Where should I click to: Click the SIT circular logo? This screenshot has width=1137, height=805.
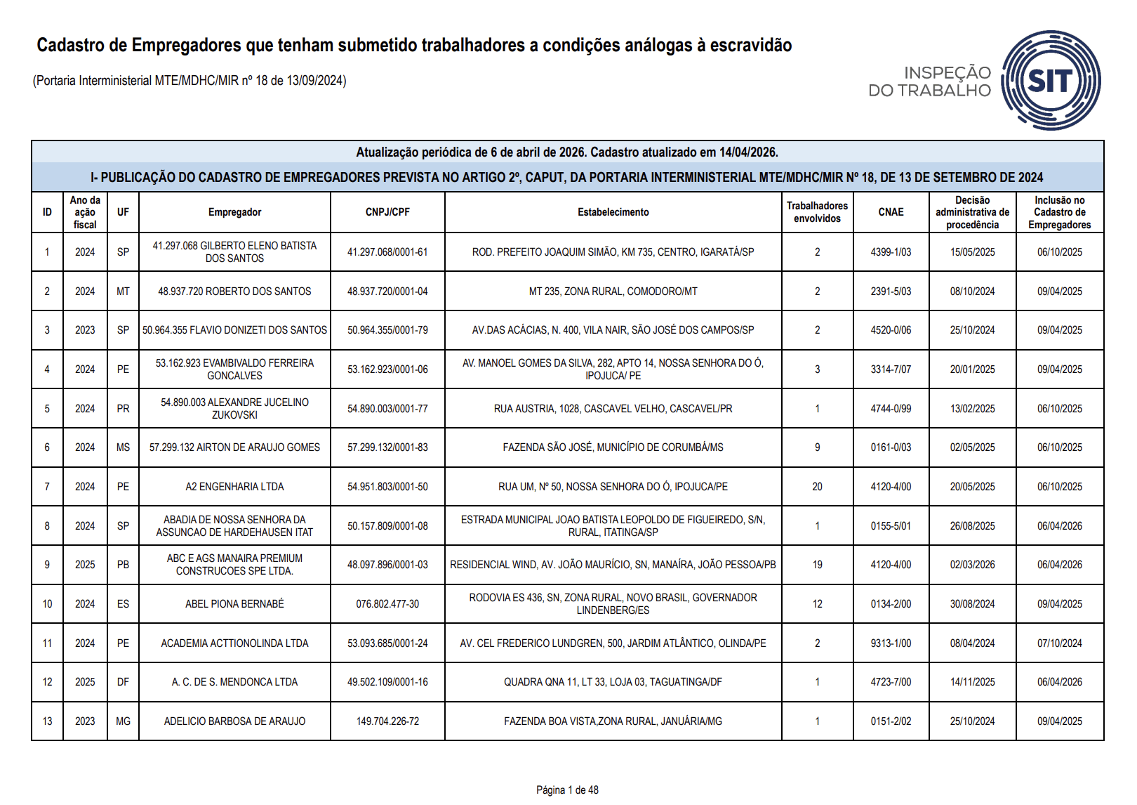[1050, 80]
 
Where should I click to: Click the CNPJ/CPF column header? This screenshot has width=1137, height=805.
[387, 212]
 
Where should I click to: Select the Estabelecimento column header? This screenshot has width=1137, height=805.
[613, 212]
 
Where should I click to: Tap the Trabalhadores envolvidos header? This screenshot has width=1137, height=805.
[817, 212]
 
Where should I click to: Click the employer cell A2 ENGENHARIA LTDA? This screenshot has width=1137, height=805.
[234, 487]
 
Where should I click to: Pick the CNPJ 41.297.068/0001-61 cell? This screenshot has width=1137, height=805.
[387, 252]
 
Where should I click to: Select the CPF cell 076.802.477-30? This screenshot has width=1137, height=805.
[387, 604]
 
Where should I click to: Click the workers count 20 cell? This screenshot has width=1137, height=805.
[817, 487]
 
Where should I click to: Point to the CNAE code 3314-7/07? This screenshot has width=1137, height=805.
[891, 369]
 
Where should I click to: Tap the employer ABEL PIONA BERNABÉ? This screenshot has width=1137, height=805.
[234, 604]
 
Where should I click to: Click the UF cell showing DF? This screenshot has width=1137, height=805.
[123, 682]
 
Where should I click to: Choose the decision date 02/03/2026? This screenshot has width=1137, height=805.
[972, 565]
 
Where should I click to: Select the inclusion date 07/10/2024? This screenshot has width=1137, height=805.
[1059, 643]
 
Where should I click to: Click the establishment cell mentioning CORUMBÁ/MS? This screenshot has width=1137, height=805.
[613, 447]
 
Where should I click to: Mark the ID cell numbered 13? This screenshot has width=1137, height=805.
[47, 721]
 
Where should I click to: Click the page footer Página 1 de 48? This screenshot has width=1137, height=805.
[567, 790]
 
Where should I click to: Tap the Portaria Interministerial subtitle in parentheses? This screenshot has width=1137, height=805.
[189, 81]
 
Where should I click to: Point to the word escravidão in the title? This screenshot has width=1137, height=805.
[751, 46]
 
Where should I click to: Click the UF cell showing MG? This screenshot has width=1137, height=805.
[123, 721]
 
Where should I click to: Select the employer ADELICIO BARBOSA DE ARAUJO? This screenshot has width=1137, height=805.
[234, 721]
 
